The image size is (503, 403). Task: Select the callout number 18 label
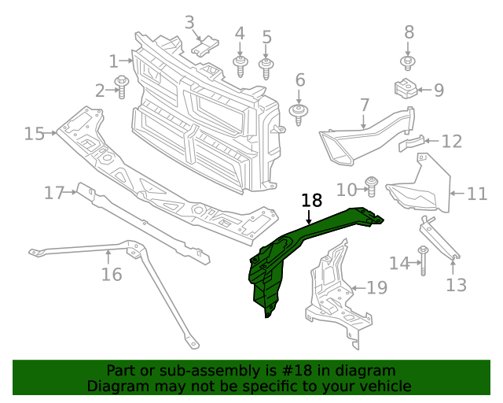(311, 201)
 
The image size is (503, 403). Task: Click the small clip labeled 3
(206, 46)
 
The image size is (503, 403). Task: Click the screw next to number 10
(373, 187)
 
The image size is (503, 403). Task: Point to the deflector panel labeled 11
(420, 189)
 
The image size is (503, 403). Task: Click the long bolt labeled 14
(423, 261)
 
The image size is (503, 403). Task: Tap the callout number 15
(34, 134)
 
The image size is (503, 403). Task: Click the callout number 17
(53, 193)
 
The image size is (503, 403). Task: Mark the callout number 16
(112, 274)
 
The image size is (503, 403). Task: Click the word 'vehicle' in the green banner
(384, 386)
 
